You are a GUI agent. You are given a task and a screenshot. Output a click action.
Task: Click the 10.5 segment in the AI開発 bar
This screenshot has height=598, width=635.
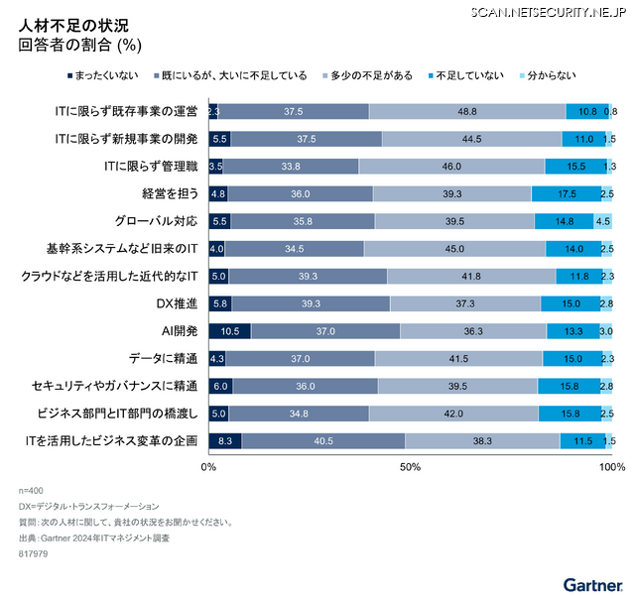229,330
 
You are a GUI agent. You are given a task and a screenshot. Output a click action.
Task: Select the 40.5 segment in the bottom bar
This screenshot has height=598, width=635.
322,440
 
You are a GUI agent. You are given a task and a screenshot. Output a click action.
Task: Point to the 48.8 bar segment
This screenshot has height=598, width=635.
467,111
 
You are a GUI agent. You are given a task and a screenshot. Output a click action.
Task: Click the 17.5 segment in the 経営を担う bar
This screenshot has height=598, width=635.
566,193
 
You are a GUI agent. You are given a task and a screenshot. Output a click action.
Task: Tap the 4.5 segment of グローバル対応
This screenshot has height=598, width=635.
603,221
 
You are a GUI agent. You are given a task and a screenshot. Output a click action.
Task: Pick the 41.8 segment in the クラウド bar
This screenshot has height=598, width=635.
471,276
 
